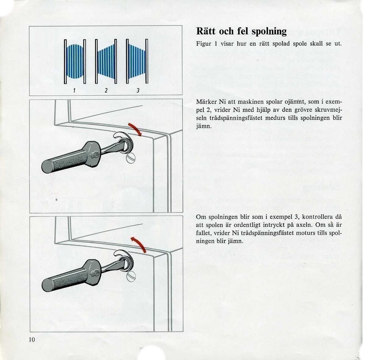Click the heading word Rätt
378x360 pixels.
[207, 31]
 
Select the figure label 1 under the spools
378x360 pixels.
[74, 90]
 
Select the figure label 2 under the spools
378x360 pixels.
[106, 90]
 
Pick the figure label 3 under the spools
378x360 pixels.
[137, 90]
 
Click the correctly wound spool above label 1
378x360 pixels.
[75, 61]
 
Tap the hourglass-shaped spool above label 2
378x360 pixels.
[106, 61]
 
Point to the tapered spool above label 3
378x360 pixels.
[137, 61]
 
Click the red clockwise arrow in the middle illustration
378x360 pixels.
[136, 129]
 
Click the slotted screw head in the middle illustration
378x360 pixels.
[131, 159]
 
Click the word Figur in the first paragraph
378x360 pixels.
[204, 44]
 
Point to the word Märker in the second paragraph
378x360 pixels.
[206, 102]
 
